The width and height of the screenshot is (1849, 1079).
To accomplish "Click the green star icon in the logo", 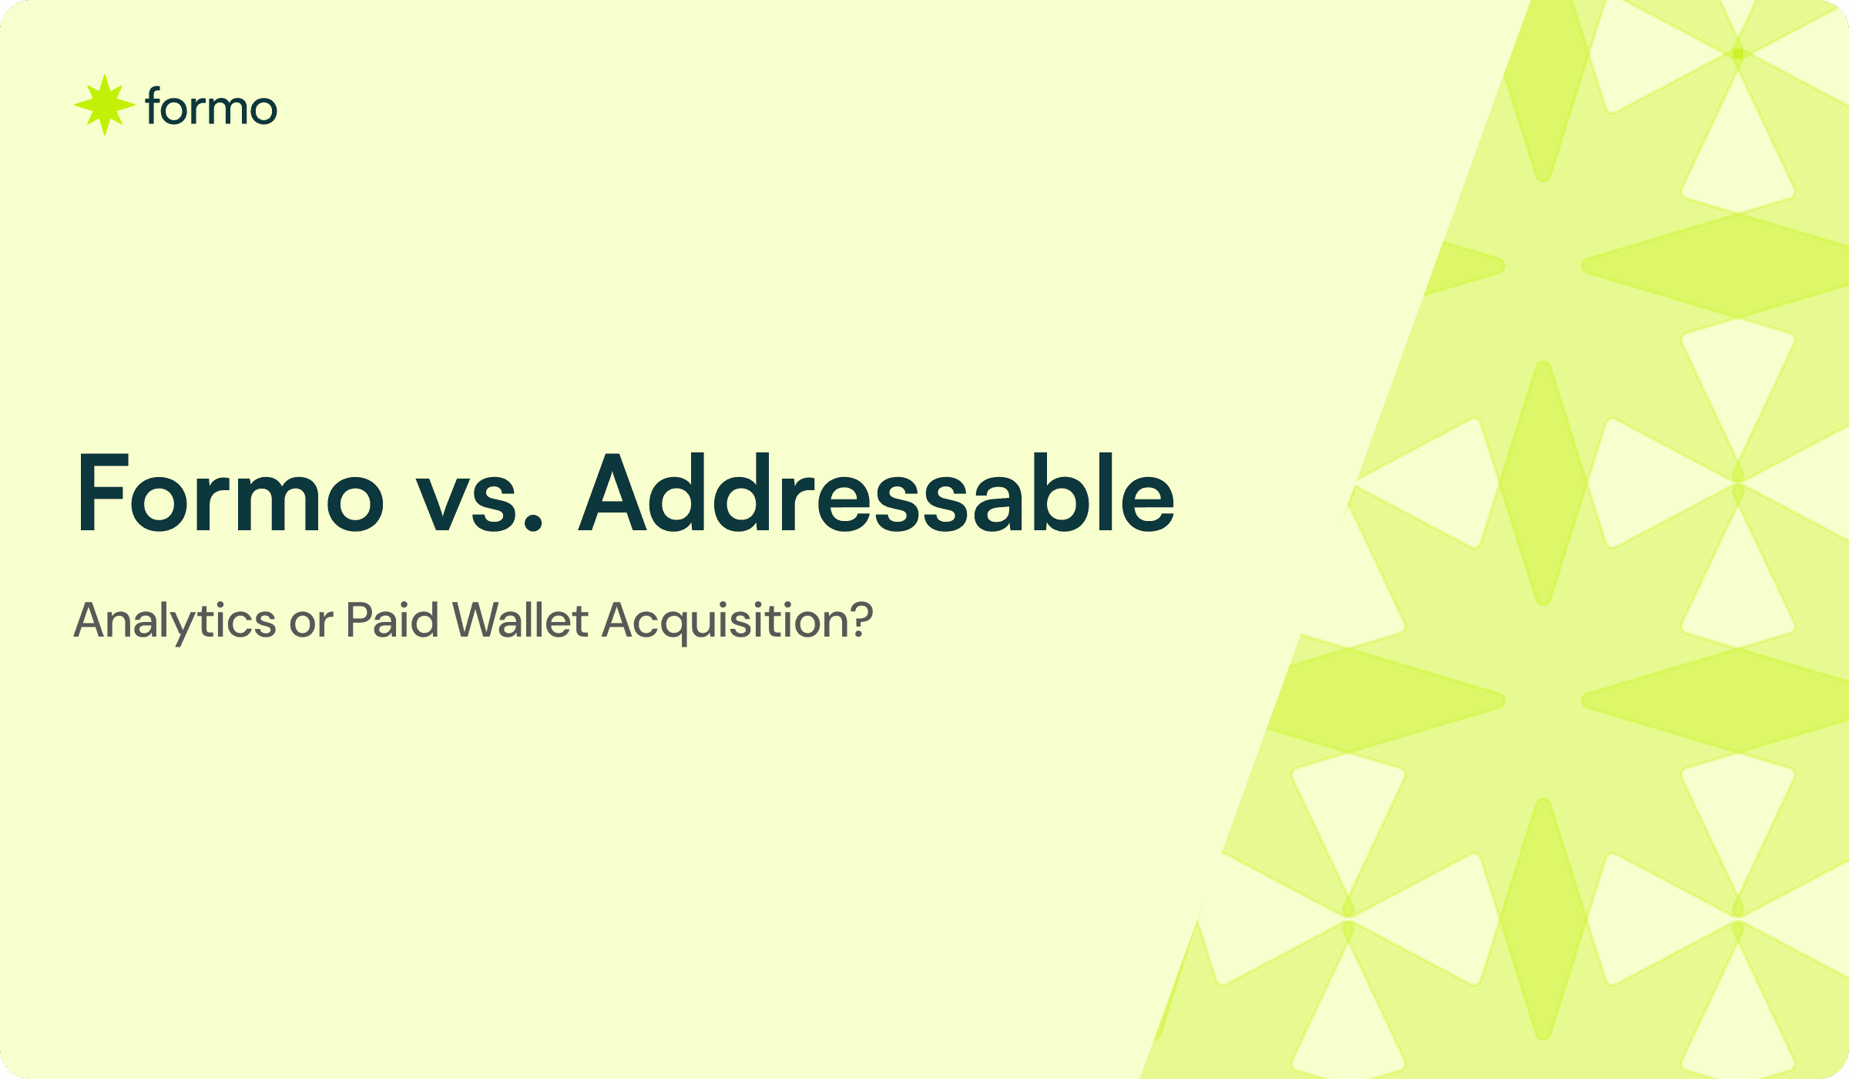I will (x=104, y=105).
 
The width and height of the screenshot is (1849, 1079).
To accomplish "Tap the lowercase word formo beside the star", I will (x=210, y=107).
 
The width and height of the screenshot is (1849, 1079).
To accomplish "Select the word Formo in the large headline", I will (x=230, y=494).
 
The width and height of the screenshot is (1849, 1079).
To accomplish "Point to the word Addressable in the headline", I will (x=877, y=494).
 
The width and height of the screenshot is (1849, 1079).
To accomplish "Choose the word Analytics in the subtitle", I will (x=175, y=620).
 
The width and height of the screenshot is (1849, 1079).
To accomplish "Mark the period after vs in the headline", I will (x=532, y=524).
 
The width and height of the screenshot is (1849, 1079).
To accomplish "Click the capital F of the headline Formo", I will (x=102, y=494).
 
